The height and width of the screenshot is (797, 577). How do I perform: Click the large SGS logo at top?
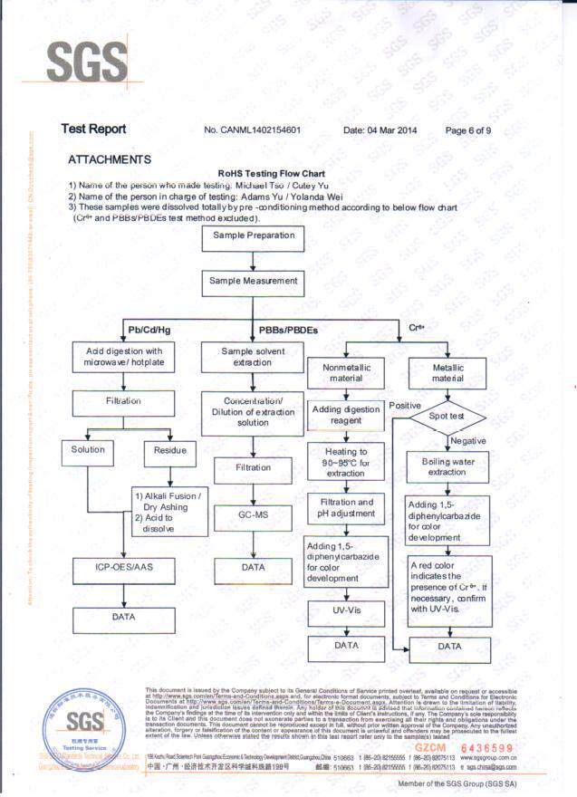87,62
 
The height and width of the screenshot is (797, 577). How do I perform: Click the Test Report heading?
93,130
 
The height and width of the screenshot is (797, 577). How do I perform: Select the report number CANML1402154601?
253,130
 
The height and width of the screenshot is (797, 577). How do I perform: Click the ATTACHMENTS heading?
109,159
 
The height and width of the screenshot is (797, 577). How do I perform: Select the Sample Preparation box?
254,236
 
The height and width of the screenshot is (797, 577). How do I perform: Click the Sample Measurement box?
254,282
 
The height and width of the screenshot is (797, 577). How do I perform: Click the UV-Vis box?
347,611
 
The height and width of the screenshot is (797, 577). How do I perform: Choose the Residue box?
169,450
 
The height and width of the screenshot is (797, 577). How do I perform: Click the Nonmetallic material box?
346,372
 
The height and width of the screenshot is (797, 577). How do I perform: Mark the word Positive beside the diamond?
405,406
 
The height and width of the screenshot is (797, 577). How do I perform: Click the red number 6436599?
486,748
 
